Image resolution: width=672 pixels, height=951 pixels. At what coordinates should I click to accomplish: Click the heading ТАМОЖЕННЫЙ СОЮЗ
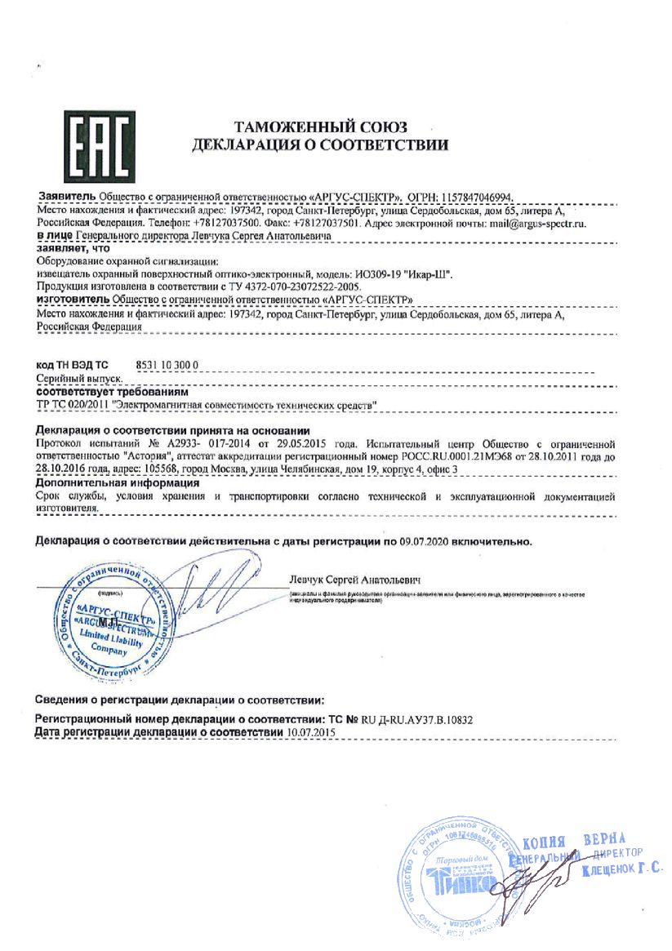tap(321, 127)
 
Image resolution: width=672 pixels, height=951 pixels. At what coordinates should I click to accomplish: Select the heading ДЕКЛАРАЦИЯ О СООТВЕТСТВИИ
tap(320, 146)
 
